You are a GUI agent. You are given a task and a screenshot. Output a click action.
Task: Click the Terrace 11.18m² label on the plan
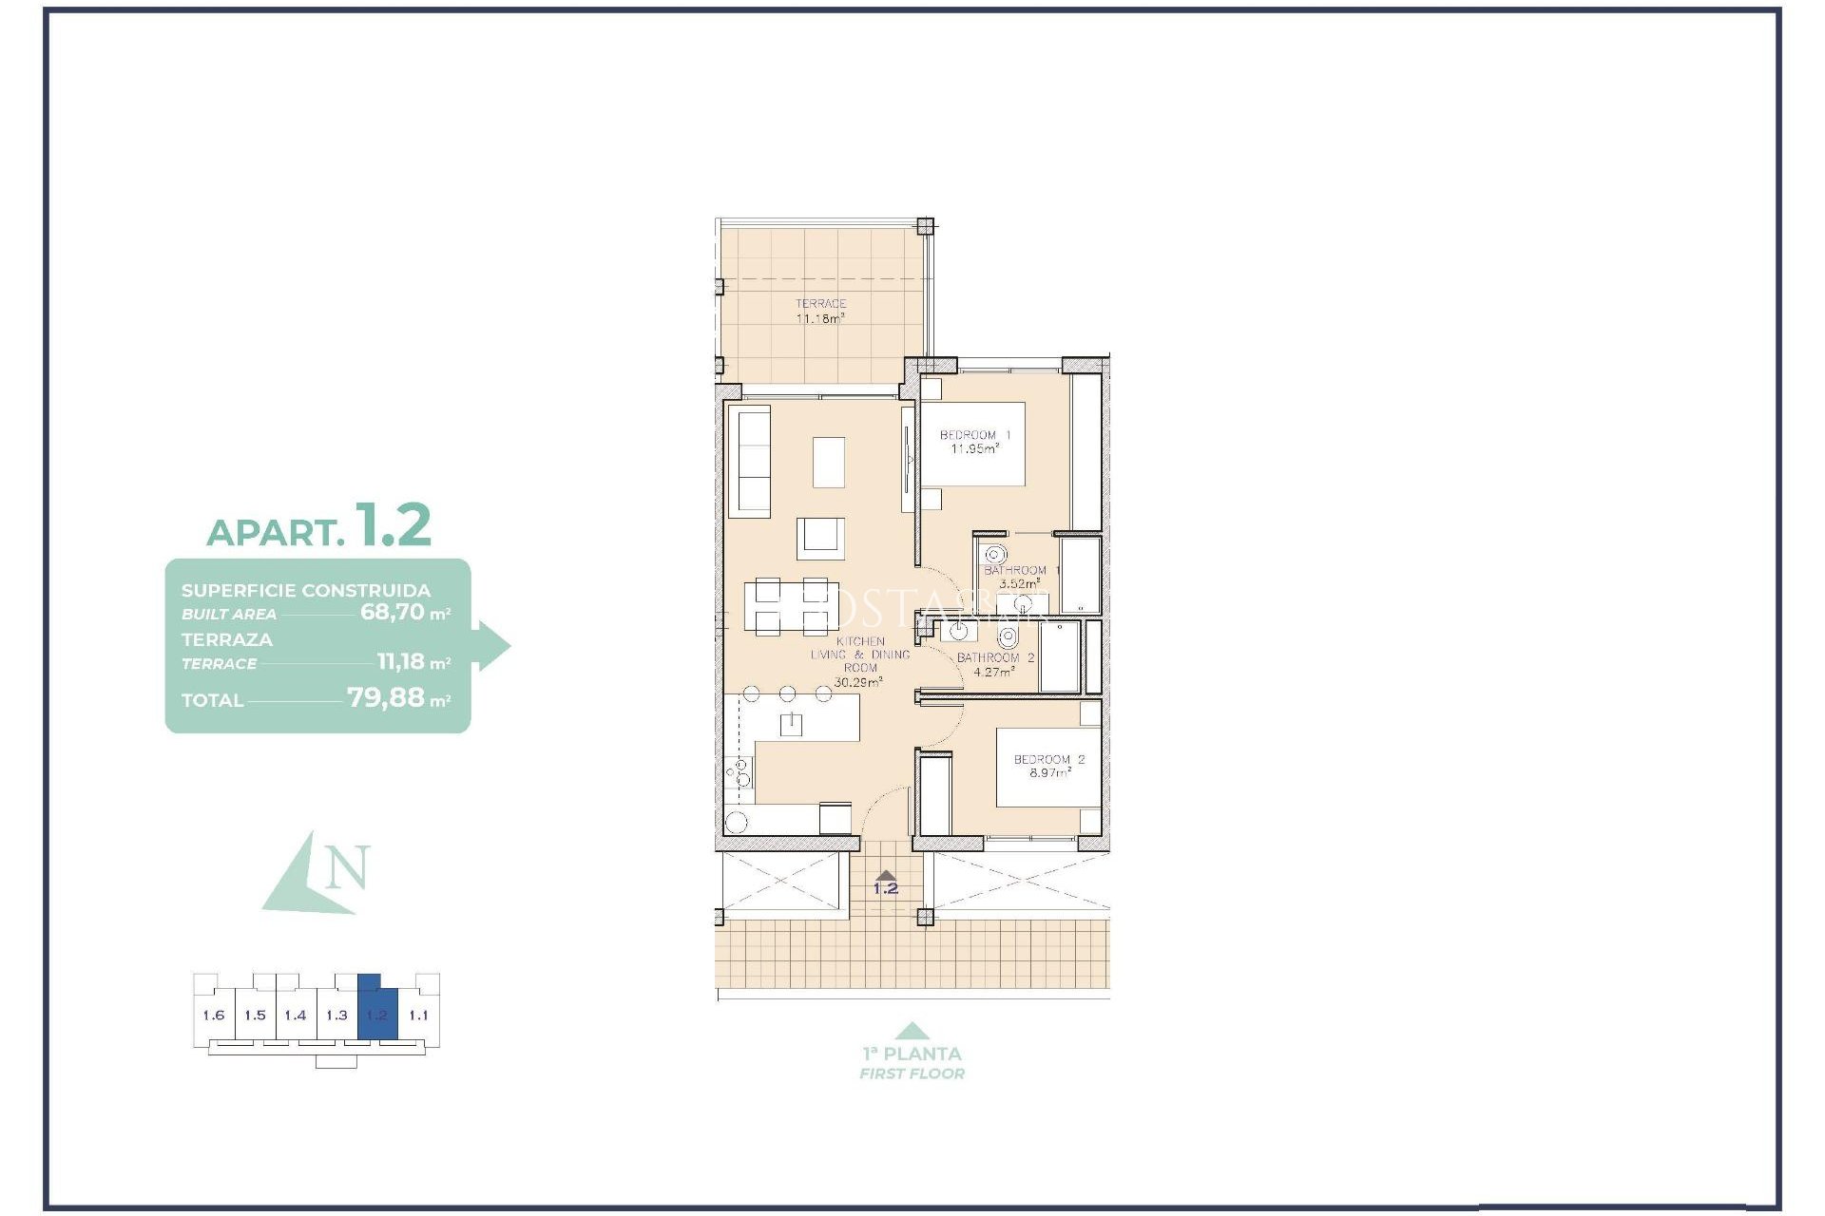pyautogui.click(x=820, y=312)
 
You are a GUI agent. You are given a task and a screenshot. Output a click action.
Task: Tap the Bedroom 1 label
pyautogui.click(x=975, y=442)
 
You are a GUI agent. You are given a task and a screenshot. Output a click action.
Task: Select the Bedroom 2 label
pyautogui.click(x=1048, y=766)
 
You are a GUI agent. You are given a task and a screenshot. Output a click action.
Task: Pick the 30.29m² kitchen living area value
pyautogui.click(x=857, y=682)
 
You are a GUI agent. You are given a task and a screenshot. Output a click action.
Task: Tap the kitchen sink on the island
pyautogui.click(x=791, y=725)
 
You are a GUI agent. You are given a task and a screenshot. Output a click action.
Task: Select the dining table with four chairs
pyautogui.click(x=791, y=606)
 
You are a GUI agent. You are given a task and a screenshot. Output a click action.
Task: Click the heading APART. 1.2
pyautogui.click(x=319, y=527)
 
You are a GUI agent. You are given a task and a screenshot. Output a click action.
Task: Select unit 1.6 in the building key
pyautogui.click(x=214, y=1016)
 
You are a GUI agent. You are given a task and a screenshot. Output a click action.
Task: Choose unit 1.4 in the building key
pyautogui.click(x=296, y=1016)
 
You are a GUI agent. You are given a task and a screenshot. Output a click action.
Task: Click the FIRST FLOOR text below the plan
pyautogui.click(x=912, y=1073)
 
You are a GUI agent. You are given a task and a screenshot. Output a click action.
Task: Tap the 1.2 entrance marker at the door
pyautogui.click(x=886, y=887)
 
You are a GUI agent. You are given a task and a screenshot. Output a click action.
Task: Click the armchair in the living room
pyautogui.click(x=820, y=538)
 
